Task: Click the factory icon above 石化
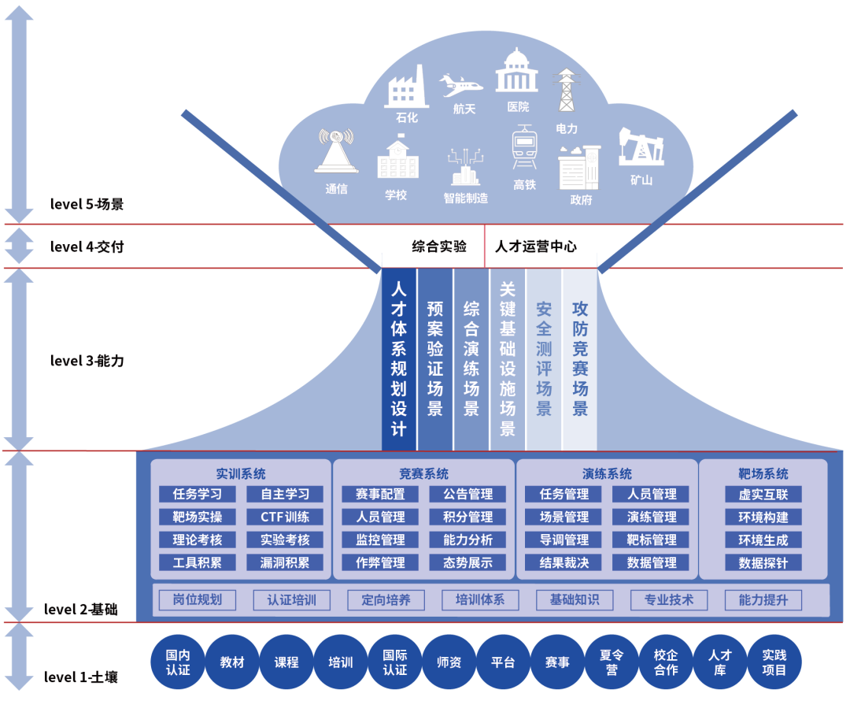click(406, 87)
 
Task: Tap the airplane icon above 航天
click(461, 83)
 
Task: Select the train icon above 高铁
click(524, 147)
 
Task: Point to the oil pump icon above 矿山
click(641, 147)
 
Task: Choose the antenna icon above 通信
click(336, 150)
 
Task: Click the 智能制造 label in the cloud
click(465, 198)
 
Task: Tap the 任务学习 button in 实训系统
click(198, 495)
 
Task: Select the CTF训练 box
click(284, 517)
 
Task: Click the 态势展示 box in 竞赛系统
click(468, 563)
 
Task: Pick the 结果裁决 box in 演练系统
click(564, 563)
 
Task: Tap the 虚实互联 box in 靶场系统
click(763, 495)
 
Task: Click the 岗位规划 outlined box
click(198, 600)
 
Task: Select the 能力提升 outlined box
click(763, 600)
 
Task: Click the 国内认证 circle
click(178, 662)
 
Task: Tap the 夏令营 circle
click(612, 662)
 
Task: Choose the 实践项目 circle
click(774, 662)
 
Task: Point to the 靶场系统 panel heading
click(763, 474)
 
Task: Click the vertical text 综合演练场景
click(471, 358)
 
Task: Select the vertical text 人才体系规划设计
click(399, 358)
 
